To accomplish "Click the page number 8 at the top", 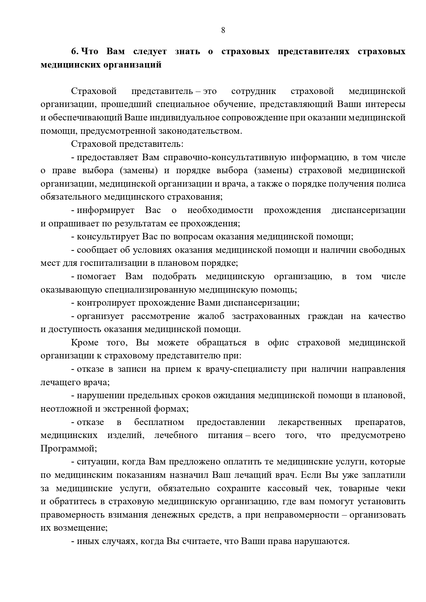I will pyautogui.click(x=223, y=30).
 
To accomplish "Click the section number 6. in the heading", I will pyautogui.click(x=75, y=51).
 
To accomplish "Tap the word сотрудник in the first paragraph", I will pyautogui.click(x=254, y=91).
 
